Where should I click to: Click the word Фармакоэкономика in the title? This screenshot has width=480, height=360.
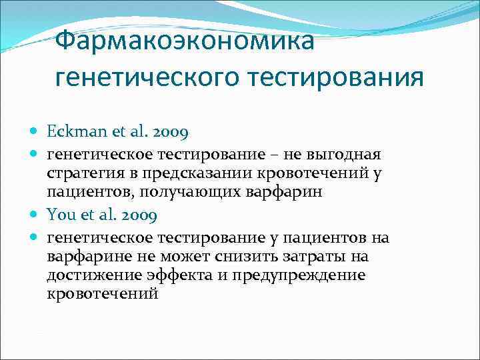(x=184, y=41)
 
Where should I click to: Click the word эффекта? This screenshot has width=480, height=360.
(x=175, y=275)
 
